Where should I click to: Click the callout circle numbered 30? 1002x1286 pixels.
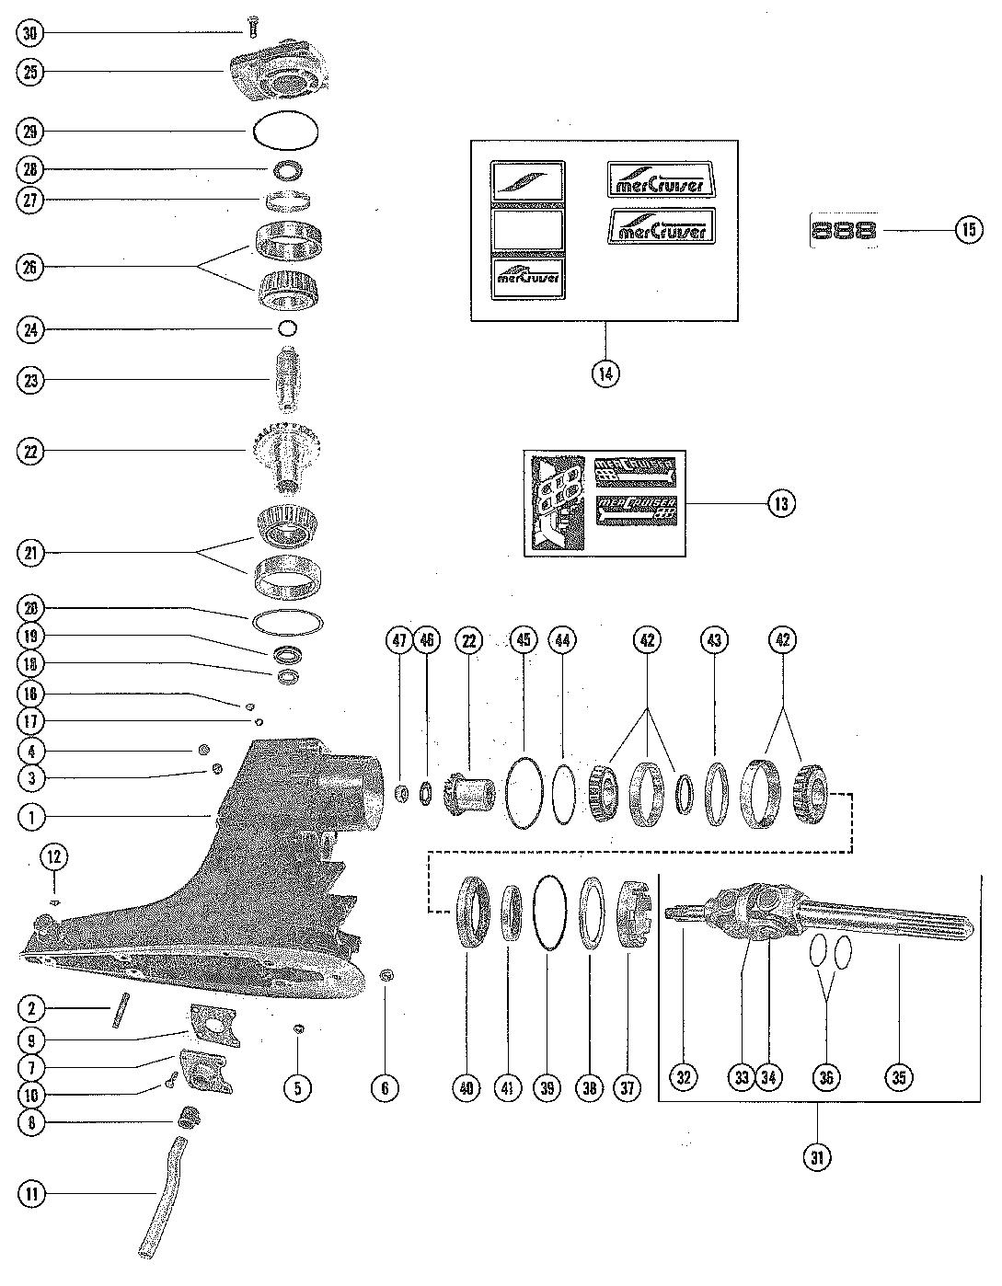(x=30, y=34)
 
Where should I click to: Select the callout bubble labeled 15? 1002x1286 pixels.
(x=968, y=229)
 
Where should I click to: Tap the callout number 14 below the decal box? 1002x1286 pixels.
(x=605, y=373)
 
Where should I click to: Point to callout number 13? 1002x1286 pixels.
(x=782, y=504)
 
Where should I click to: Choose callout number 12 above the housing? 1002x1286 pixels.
(x=53, y=857)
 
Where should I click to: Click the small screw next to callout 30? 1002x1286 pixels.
(x=252, y=29)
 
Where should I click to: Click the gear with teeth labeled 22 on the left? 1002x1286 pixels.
(x=281, y=452)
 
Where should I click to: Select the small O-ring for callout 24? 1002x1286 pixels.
(x=287, y=328)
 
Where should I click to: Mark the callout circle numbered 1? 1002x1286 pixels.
(x=30, y=816)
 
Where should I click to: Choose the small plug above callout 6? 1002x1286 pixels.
(x=387, y=975)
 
